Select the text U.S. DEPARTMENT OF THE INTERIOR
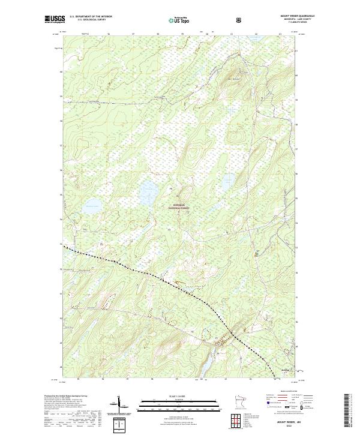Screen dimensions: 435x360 tap(91, 16)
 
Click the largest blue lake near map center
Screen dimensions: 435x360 tap(148, 192)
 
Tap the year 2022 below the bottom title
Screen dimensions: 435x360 tap(289, 427)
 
